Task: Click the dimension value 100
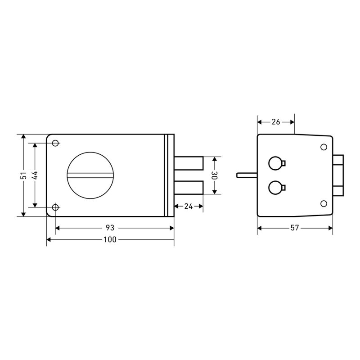click(110, 239)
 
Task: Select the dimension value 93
click(110, 228)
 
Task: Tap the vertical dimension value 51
click(24, 175)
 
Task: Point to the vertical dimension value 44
click(36, 175)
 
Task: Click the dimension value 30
click(215, 175)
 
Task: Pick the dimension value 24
click(189, 206)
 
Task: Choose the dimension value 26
click(276, 122)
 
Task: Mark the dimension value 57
click(295, 228)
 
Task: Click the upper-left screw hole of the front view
click(55, 143)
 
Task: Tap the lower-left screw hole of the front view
click(55, 207)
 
